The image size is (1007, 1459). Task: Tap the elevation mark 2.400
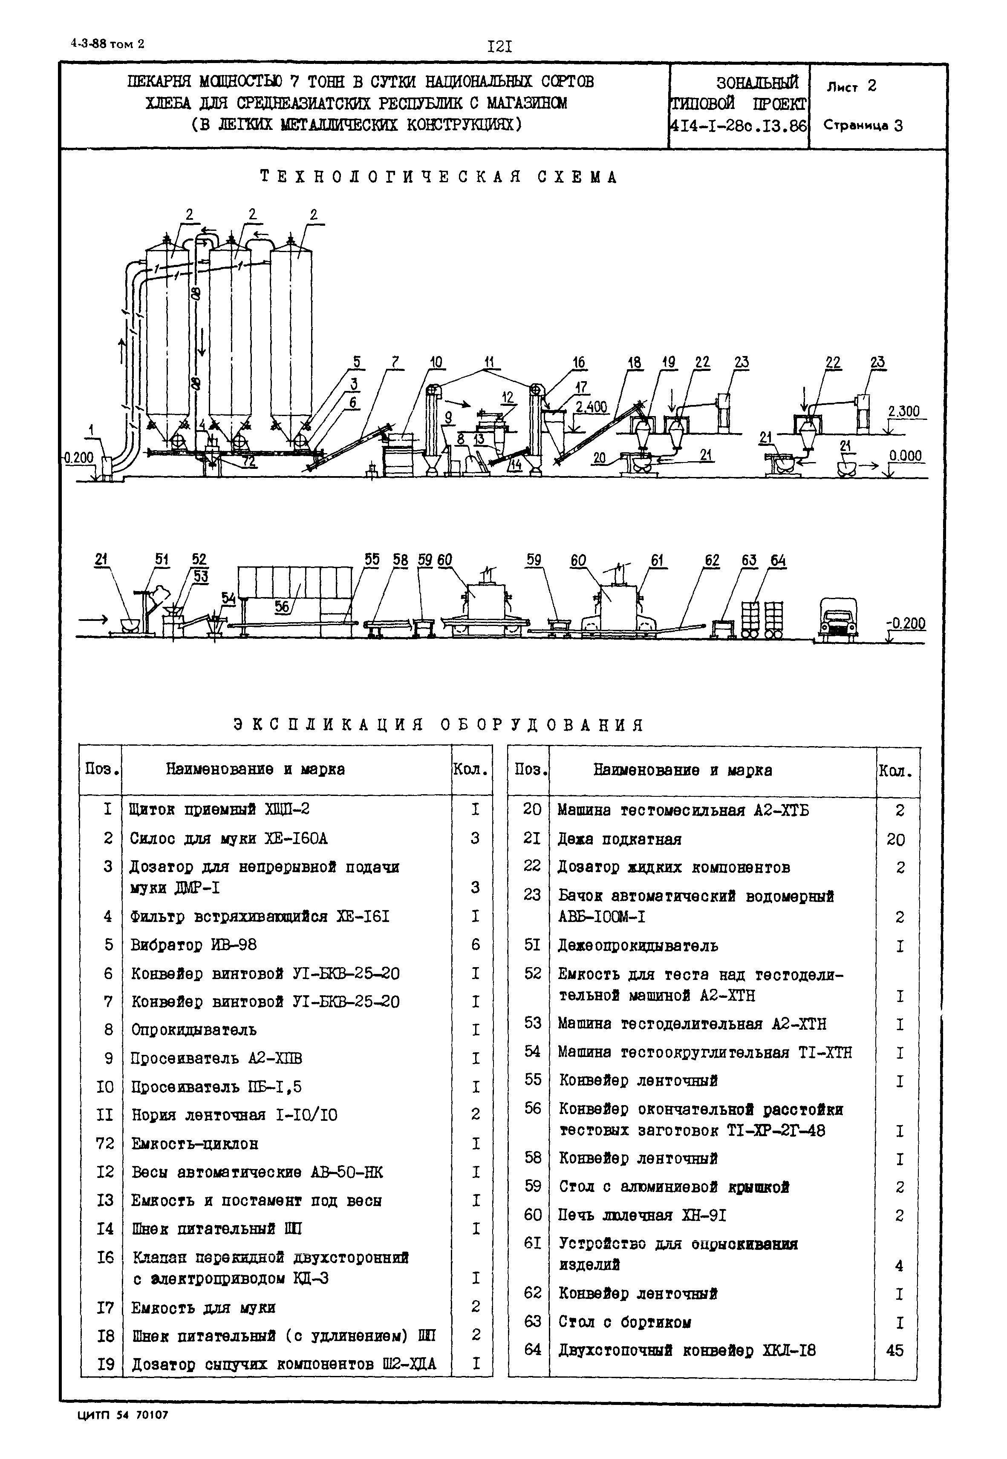coord(591,407)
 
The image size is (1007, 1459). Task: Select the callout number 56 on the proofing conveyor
coord(282,606)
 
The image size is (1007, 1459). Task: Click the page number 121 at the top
coord(499,47)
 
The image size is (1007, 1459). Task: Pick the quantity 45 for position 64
coord(894,1350)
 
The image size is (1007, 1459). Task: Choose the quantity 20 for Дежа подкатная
coord(895,840)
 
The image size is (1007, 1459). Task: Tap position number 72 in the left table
coord(105,1143)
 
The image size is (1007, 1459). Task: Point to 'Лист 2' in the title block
coord(851,86)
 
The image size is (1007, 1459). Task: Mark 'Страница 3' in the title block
coord(863,126)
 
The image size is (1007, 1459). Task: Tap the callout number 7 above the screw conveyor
coord(395,362)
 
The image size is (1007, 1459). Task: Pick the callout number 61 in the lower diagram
coord(658,560)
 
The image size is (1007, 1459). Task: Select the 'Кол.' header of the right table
coord(894,772)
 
